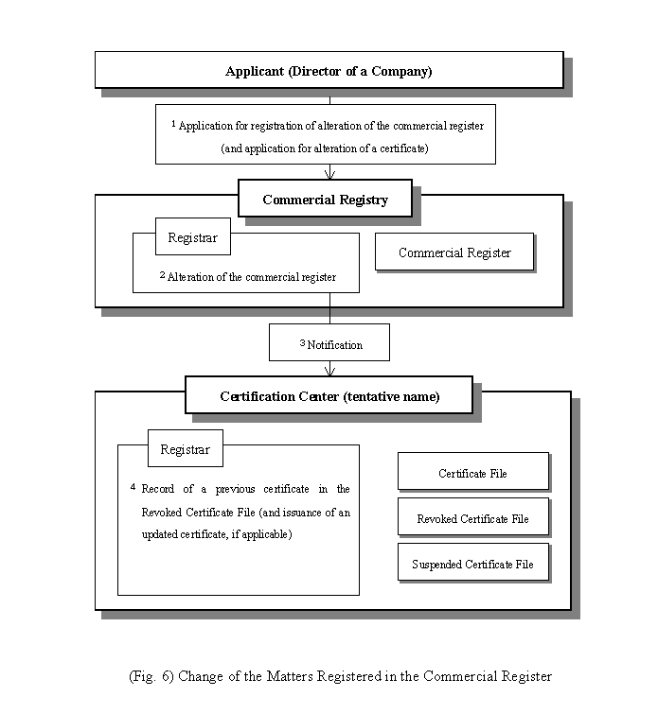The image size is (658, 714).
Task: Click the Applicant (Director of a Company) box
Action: pyautogui.click(x=329, y=70)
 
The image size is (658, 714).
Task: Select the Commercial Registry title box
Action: pyautogui.click(x=325, y=198)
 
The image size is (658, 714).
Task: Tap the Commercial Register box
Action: pyautogui.click(x=454, y=252)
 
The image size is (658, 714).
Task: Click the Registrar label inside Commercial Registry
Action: pyautogui.click(x=193, y=236)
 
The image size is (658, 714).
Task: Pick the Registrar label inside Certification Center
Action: pyautogui.click(x=186, y=448)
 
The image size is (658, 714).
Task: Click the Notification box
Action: pyautogui.click(x=329, y=342)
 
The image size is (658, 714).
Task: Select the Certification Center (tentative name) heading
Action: pyautogui.click(x=329, y=395)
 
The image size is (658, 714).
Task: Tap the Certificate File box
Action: pyautogui.click(x=472, y=471)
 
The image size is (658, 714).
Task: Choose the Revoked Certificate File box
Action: pyautogui.click(x=472, y=517)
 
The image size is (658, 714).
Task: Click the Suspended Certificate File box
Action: pyautogui.click(x=472, y=562)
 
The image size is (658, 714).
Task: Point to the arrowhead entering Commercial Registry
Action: pyautogui.click(x=329, y=175)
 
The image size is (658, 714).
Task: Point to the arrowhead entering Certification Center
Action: pyautogui.click(x=329, y=371)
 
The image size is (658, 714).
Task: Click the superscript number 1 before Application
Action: pyautogui.click(x=174, y=123)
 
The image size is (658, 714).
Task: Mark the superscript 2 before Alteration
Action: pyautogui.click(x=162, y=275)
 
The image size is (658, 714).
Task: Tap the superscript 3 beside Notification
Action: pyautogui.click(x=302, y=343)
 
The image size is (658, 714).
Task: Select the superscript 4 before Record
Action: pyautogui.click(x=133, y=487)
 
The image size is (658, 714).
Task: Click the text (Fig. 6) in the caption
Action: pyautogui.click(x=151, y=676)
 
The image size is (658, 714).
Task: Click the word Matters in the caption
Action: pyautogui.click(x=290, y=676)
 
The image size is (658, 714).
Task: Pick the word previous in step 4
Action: pyautogui.click(x=236, y=489)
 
